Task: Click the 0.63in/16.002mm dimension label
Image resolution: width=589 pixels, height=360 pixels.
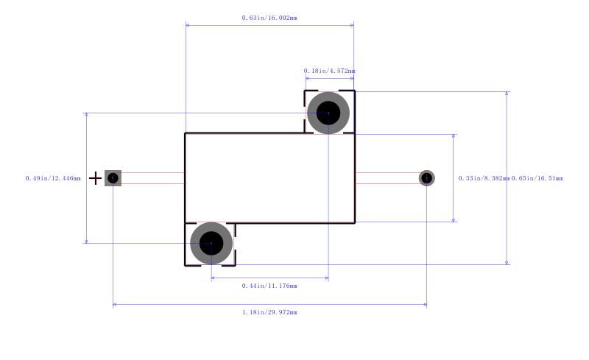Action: click(x=269, y=18)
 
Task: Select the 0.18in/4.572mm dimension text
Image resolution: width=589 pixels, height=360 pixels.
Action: click(x=329, y=71)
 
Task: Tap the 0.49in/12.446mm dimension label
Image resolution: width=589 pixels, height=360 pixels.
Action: click(x=53, y=178)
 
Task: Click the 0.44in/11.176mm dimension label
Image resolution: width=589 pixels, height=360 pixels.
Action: click(x=269, y=285)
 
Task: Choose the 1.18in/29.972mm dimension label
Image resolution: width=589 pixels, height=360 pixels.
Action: click(x=269, y=312)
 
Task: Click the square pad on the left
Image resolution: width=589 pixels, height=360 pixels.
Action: click(x=113, y=178)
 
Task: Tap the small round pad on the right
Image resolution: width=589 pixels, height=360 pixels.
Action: click(x=427, y=178)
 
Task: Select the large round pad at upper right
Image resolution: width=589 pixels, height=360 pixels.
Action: click(x=328, y=113)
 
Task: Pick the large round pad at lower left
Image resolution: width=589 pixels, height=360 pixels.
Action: click(x=211, y=243)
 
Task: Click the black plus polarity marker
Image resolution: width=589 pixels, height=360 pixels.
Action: click(x=95, y=178)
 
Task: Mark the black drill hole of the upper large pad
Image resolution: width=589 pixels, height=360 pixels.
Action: click(x=328, y=113)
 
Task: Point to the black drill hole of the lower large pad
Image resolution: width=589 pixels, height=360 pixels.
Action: click(x=211, y=243)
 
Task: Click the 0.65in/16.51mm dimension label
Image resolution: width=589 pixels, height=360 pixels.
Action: click(x=537, y=178)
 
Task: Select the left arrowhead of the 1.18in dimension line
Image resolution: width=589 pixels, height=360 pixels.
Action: click(x=115, y=304)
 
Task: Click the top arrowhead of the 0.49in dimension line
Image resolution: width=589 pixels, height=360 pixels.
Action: click(x=87, y=116)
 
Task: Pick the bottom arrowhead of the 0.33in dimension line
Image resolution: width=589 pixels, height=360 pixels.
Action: click(x=454, y=219)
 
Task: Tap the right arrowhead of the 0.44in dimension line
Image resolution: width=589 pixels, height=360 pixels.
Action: click(x=326, y=278)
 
